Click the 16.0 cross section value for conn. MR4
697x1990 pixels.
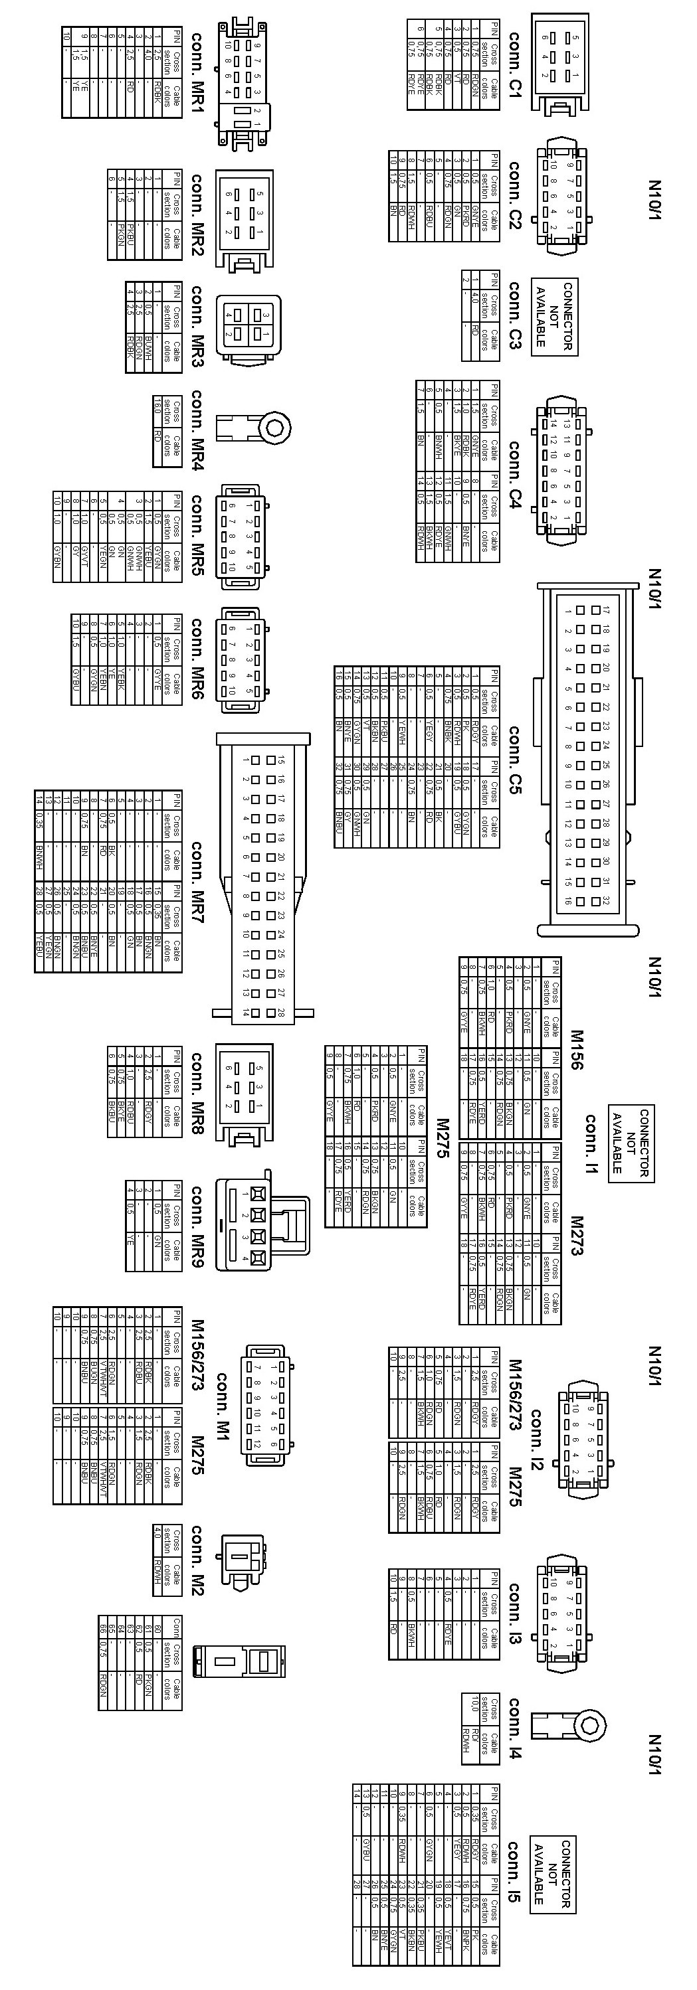(157, 406)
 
